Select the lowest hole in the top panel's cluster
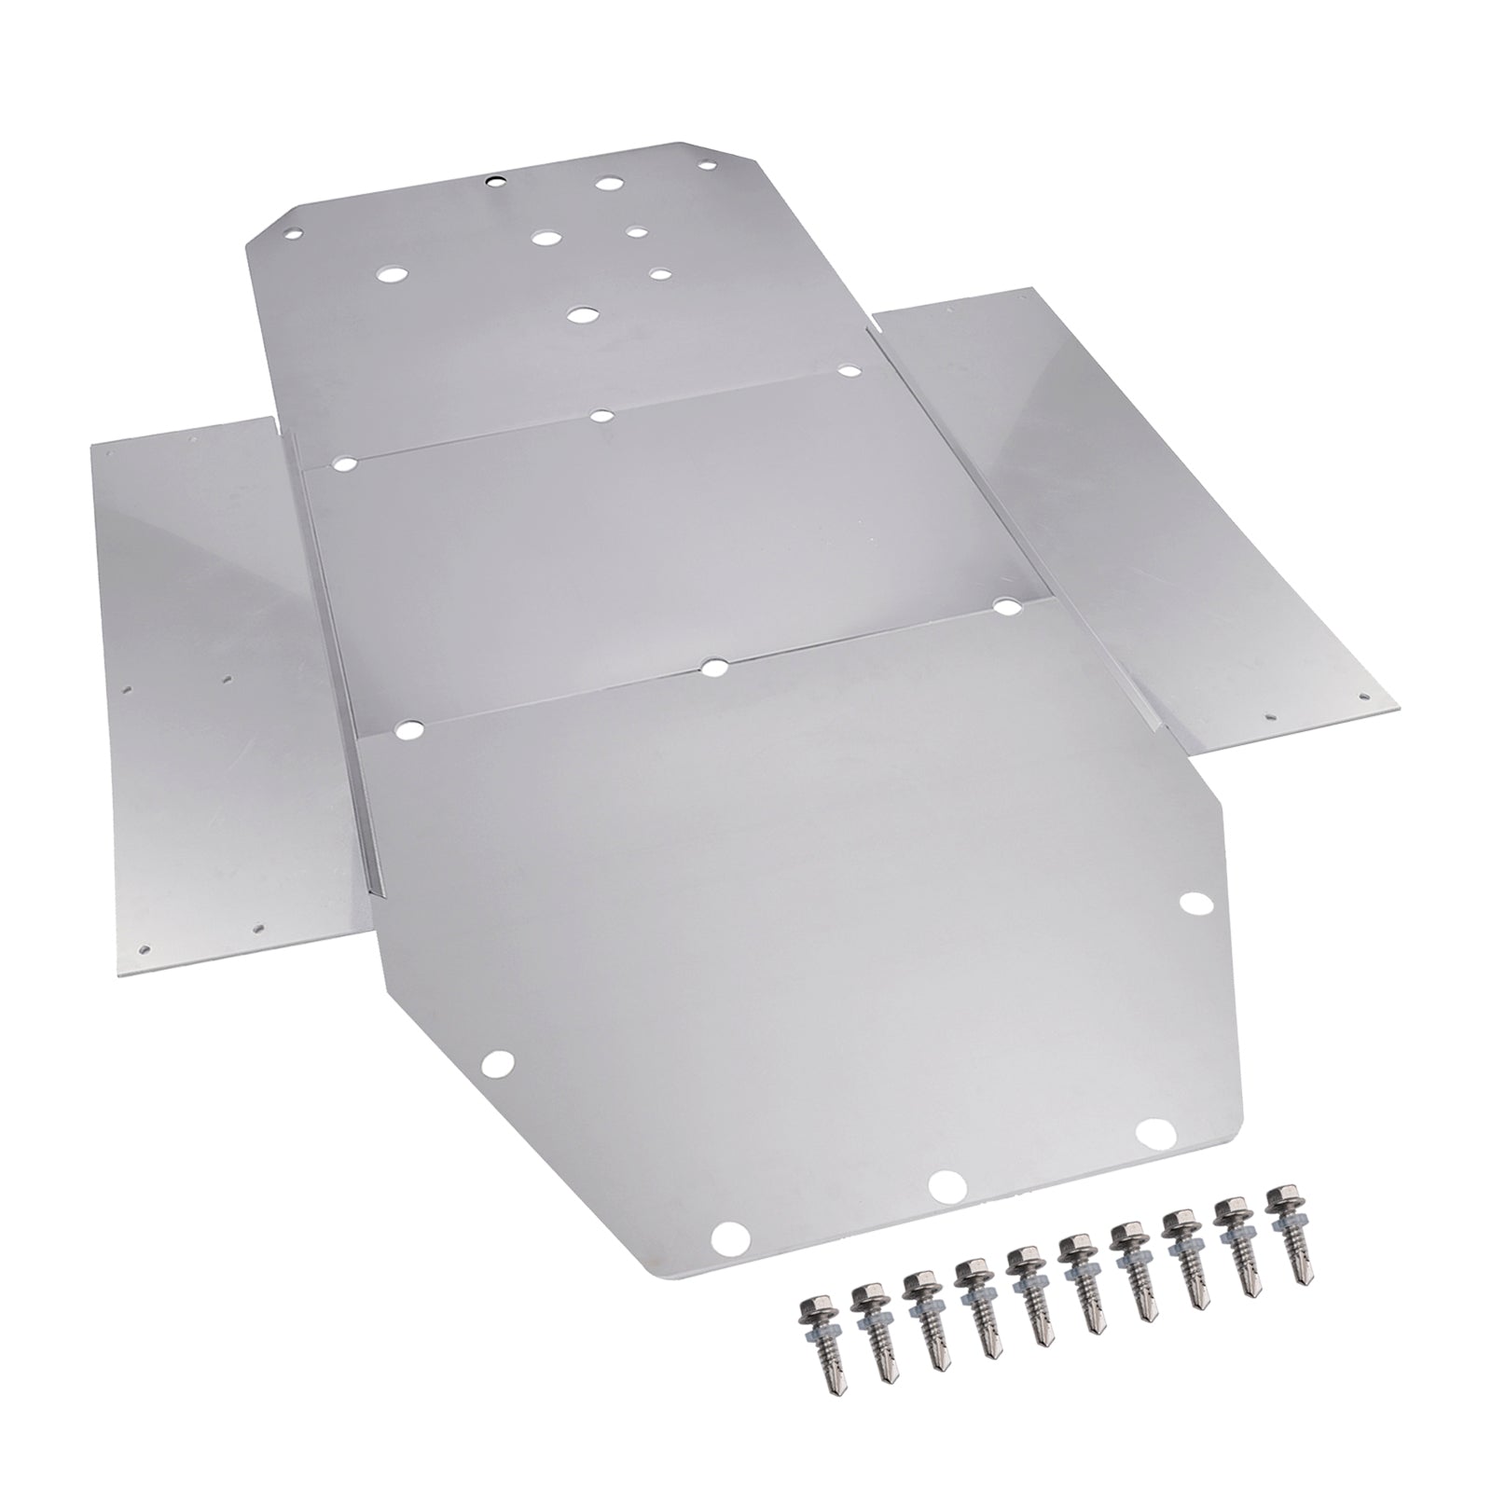584,314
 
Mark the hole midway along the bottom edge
946,1184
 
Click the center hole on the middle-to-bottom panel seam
712,668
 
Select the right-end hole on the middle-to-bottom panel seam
1006,607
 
